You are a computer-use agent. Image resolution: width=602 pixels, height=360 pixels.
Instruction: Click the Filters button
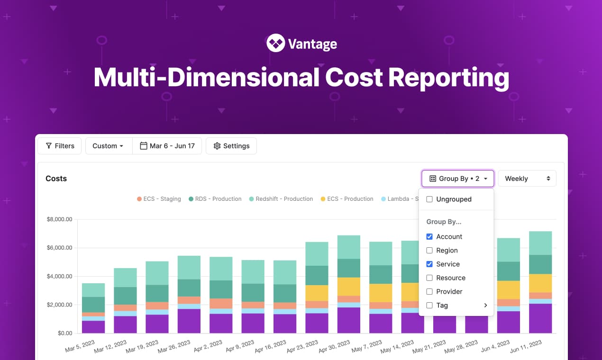60,146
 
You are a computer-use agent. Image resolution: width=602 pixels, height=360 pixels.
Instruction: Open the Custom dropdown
108,146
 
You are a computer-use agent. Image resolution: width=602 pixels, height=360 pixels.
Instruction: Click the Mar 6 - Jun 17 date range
167,146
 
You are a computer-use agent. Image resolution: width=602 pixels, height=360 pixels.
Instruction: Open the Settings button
231,146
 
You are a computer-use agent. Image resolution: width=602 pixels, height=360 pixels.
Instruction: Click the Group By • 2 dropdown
458,179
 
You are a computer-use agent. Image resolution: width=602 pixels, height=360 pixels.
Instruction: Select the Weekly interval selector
527,179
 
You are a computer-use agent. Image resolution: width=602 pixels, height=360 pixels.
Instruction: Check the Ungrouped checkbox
429,199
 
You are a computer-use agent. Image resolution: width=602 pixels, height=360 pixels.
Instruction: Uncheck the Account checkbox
429,237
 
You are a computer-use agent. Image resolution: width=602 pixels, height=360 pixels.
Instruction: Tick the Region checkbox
429,251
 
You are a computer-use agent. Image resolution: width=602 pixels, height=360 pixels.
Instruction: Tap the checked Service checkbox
429,264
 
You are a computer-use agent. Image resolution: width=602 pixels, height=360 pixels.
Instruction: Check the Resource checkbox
429,278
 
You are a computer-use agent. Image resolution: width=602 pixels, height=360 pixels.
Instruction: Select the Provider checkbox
429,292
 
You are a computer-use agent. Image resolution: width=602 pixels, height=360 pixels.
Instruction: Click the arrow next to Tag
485,306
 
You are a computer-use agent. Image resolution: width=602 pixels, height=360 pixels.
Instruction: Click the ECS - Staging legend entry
159,199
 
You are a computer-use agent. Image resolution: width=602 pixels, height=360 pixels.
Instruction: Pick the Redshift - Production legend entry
281,199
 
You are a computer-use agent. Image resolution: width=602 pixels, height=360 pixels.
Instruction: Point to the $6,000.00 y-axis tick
59,248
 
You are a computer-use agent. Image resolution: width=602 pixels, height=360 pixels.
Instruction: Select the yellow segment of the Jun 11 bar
540,283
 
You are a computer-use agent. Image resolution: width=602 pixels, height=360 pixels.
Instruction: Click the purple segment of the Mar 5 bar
93,327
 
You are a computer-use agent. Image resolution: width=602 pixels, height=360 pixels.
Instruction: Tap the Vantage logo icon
275,43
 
